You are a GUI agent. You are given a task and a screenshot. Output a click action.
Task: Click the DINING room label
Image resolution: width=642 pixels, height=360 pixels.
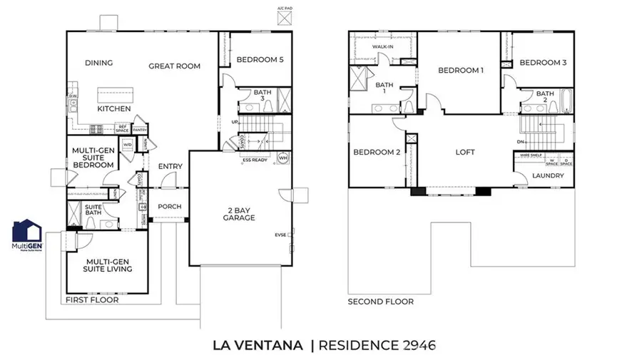coord(99,63)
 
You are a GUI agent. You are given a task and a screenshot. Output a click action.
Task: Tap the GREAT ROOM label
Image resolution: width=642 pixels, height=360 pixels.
coord(174,66)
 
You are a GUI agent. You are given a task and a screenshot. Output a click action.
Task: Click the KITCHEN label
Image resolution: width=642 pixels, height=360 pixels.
coord(114,109)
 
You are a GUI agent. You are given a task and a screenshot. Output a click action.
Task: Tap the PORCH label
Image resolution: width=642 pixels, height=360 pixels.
coord(170,207)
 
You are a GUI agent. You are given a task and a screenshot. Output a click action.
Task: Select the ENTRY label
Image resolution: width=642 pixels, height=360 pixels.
coord(170,167)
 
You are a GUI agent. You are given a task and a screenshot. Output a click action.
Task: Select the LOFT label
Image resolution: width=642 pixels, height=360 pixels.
coord(464,153)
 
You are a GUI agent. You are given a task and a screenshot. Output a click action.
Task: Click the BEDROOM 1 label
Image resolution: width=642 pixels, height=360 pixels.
coord(461,71)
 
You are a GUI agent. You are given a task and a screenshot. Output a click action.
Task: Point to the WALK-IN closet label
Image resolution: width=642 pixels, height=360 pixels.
coord(383,47)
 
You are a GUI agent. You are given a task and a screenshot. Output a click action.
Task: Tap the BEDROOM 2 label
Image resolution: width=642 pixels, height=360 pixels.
coord(377,153)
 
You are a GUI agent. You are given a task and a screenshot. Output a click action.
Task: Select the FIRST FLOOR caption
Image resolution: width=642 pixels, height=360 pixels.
coord(93,301)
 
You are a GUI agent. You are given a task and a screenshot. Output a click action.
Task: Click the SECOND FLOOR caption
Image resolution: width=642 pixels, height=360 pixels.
coord(380,302)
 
